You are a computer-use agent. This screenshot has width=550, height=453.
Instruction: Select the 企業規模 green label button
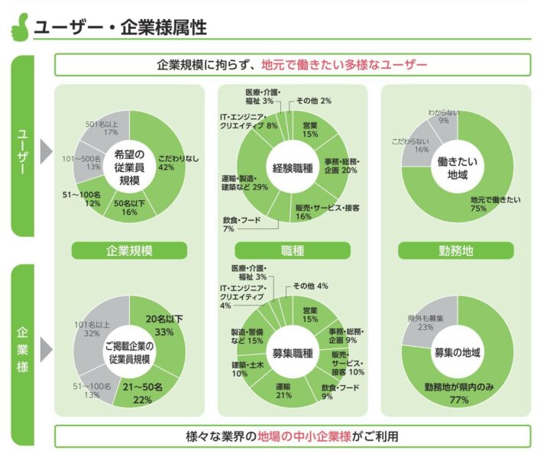pos(129,250)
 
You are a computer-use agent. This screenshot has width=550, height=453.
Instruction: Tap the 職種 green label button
pos(293,250)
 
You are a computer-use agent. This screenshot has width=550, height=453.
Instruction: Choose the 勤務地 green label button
pos(455,250)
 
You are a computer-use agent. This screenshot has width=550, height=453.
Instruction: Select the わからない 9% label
pos(443,116)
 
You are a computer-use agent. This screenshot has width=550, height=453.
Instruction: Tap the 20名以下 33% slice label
pos(165,325)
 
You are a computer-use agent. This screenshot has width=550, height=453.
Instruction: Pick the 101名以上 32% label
pos(92,329)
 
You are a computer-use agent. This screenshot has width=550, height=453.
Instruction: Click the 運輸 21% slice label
pos(284,391)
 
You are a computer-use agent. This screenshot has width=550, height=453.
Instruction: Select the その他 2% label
pos(313,101)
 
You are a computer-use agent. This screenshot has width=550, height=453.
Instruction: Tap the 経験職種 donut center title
pos(293,167)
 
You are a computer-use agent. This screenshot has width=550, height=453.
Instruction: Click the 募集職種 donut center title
pos(293,353)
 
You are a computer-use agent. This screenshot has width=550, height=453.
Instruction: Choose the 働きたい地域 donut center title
pos(457,167)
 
